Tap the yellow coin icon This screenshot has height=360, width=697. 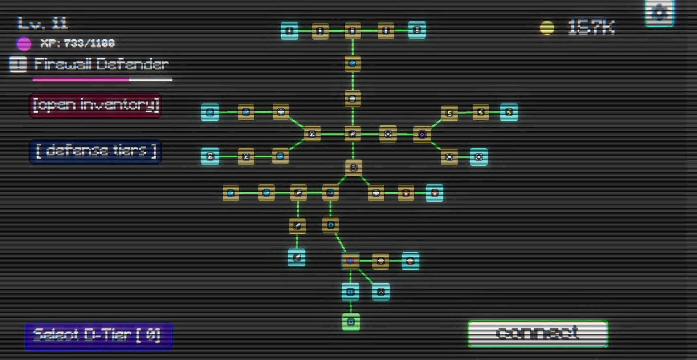547,28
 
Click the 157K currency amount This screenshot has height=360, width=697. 591,27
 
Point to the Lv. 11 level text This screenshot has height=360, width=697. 42,24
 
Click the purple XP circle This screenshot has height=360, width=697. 24,44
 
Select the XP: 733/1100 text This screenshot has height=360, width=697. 77,44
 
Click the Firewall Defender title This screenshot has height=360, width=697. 101,65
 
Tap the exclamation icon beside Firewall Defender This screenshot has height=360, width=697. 18,64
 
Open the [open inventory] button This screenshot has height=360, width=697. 95,105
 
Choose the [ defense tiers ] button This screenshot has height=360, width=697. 95,151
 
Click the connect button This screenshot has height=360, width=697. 538,333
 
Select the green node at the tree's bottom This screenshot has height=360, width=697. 351,322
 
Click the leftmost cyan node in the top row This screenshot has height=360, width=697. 289,31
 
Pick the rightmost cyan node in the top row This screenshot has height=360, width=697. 417,30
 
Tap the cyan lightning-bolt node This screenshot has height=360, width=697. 509,112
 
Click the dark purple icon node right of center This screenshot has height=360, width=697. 422,135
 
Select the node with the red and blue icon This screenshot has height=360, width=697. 350,261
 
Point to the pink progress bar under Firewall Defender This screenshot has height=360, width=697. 81,79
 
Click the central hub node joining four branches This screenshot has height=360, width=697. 352,134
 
